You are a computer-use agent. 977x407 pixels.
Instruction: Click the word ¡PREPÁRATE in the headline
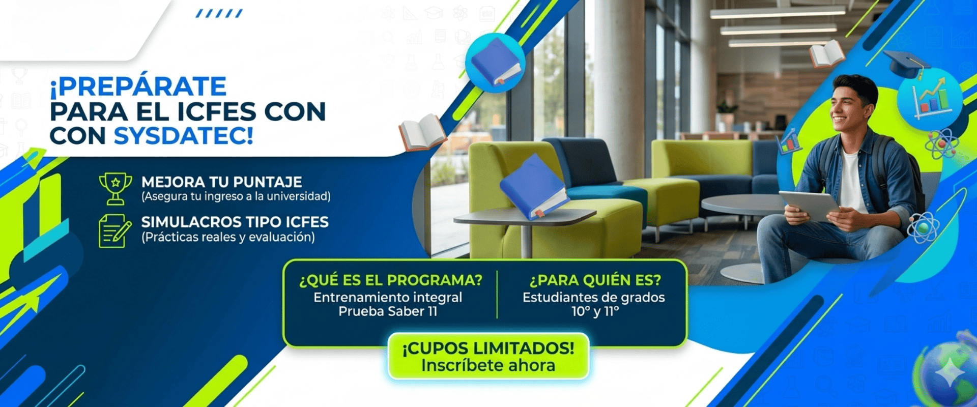click(138, 86)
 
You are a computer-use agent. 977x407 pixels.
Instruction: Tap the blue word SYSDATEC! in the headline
click(183, 136)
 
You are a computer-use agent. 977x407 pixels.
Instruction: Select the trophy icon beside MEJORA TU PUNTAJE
click(116, 189)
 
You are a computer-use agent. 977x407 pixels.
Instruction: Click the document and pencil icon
click(114, 231)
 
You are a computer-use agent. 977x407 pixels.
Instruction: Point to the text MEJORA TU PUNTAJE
click(222, 182)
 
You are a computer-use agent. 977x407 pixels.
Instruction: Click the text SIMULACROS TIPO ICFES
click(235, 222)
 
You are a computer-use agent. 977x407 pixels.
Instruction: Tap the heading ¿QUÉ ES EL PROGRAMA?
click(391, 280)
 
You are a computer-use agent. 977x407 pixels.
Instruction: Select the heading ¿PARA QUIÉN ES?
click(595, 280)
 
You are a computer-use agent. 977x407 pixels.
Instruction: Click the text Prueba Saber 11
click(388, 311)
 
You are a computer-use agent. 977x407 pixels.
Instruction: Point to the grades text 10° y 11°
click(595, 311)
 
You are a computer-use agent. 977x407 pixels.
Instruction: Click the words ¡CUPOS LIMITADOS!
click(489, 348)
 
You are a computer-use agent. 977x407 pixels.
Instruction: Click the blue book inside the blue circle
click(496, 62)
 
